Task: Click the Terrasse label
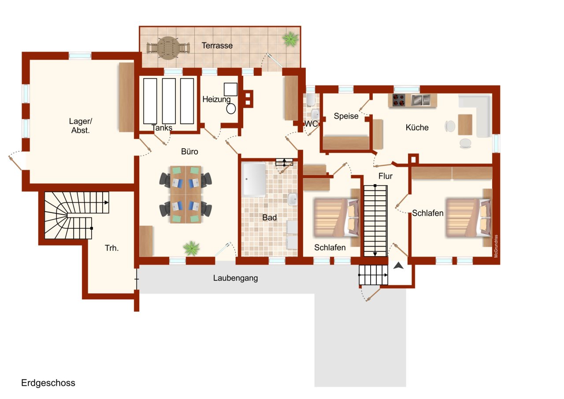click(x=217, y=45)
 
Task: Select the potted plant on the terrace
click(x=290, y=39)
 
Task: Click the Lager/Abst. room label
click(x=80, y=126)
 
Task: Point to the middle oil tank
click(x=169, y=101)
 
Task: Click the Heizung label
click(x=216, y=100)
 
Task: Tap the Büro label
click(x=189, y=152)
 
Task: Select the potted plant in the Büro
click(x=192, y=248)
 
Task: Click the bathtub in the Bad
click(x=253, y=179)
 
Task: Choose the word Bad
click(x=269, y=217)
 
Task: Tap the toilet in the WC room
click(x=311, y=100)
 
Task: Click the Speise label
click(x=346, y=116)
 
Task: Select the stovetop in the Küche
click(x=399, y=101)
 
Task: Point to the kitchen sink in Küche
click(x=420, y=101)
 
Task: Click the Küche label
click(x=417, y=127)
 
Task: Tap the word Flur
click(x=385, y=176)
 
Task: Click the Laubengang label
click(x=235, y=278)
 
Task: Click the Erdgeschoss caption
click(x=48, y=383)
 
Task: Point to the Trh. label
click(x=111, y=248)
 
